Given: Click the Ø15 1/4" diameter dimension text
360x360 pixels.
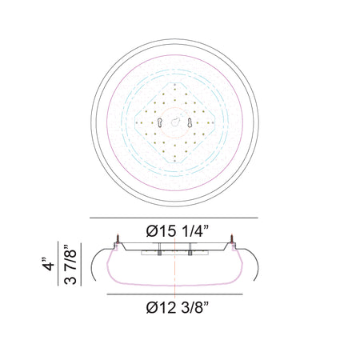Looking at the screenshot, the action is [x=177, y=231].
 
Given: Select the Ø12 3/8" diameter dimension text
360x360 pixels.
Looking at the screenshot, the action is [x=177, y=308].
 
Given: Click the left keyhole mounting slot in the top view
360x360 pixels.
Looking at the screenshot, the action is [x=159, y=122].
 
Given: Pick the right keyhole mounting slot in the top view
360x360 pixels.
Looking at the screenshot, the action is [x=190, y=122].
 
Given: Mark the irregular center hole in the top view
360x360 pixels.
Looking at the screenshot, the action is [x=174, y=122].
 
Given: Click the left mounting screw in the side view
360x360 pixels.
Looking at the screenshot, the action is [x=118, y=238].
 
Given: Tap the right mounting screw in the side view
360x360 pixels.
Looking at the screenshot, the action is [x=233, y=238].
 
